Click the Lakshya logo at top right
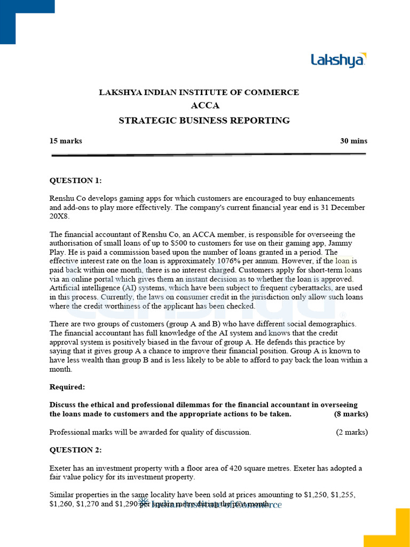click(x=338, y=60)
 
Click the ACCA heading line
click(x=204, y=106)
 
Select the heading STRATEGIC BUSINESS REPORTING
click(x=204, y=121)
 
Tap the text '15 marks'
click(x=66, y=141)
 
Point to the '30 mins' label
click(x=353, y=141)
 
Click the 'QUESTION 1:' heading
click(x=75, y=181)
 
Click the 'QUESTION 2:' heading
click(x=75, y=450)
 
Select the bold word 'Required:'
click(x=67, y=387)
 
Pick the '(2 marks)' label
click(x=351, y=432)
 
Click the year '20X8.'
click(x=60, y=216)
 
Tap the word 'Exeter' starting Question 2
click(x=61, y=468)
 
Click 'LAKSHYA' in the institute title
click(x=120, y=92)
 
